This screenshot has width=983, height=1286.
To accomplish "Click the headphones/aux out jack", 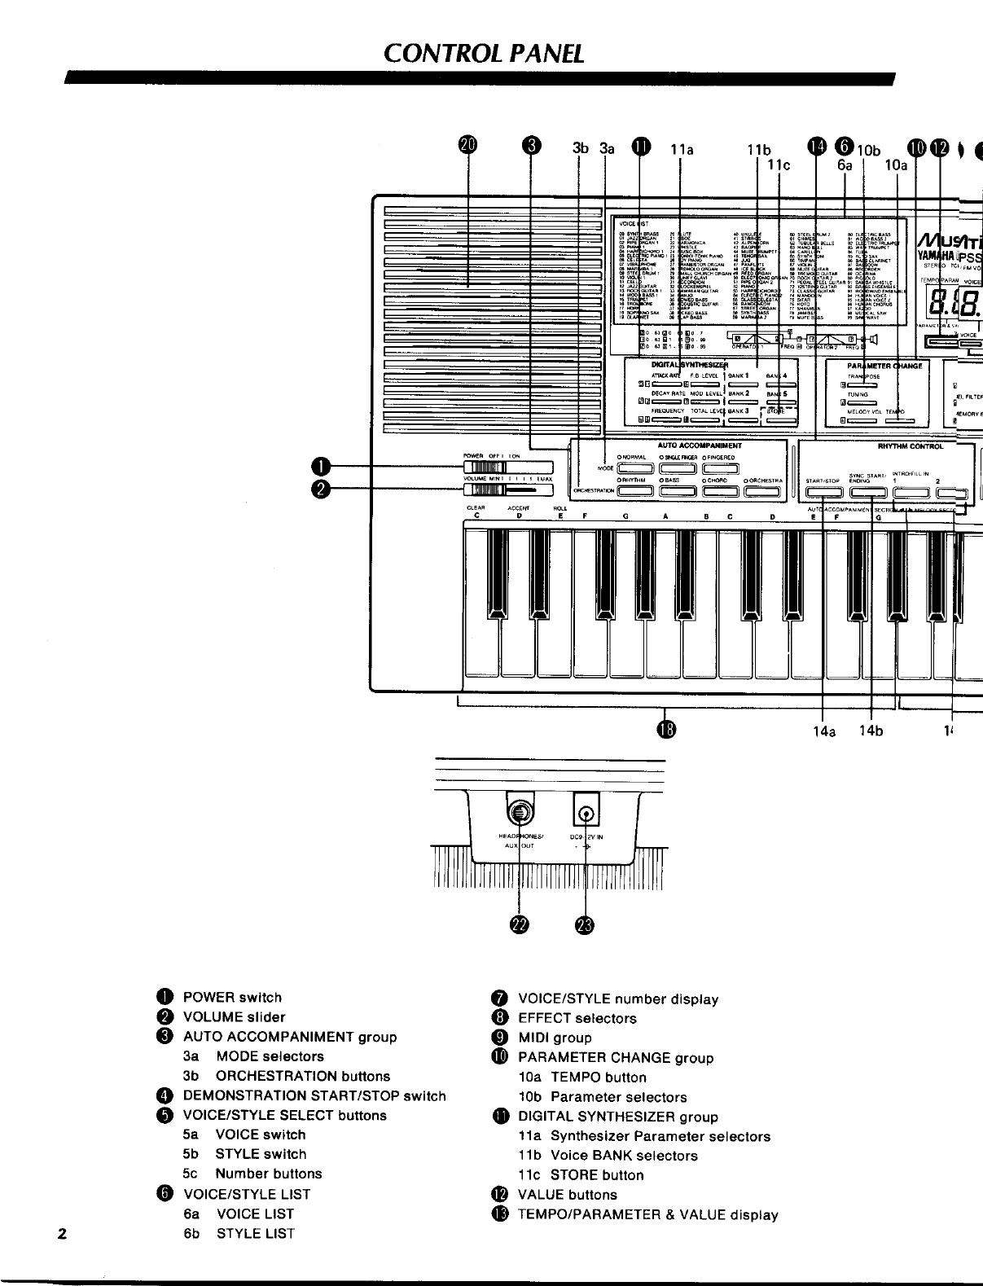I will pos(520,813).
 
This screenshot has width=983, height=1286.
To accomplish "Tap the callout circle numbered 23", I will pos(586,924).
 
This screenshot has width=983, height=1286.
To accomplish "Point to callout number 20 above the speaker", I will pos(467,146).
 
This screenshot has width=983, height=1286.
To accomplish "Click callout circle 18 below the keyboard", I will pos(667,728).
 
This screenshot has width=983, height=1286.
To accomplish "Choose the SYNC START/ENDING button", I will pos(867,492).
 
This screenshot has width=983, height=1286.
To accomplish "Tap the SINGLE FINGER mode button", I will pos(677,467).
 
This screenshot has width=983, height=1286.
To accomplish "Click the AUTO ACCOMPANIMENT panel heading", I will pos(700,445).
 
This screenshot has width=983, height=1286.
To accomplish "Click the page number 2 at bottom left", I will pos(62,1232).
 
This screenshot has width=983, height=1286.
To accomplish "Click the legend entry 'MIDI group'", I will pos(555,1038).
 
